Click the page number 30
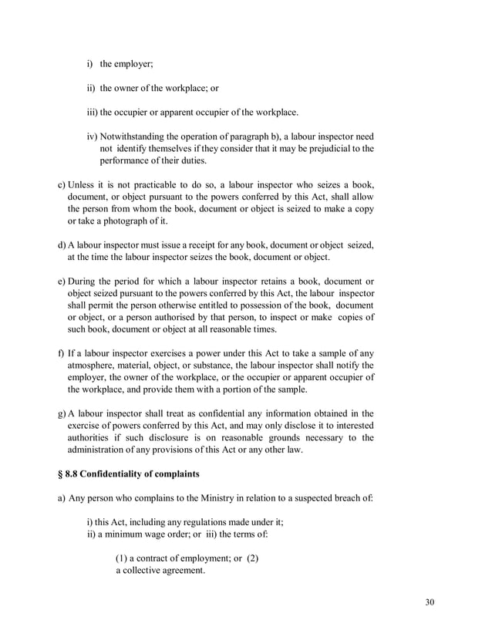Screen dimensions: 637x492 430,602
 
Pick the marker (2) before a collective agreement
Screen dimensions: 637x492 251,558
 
